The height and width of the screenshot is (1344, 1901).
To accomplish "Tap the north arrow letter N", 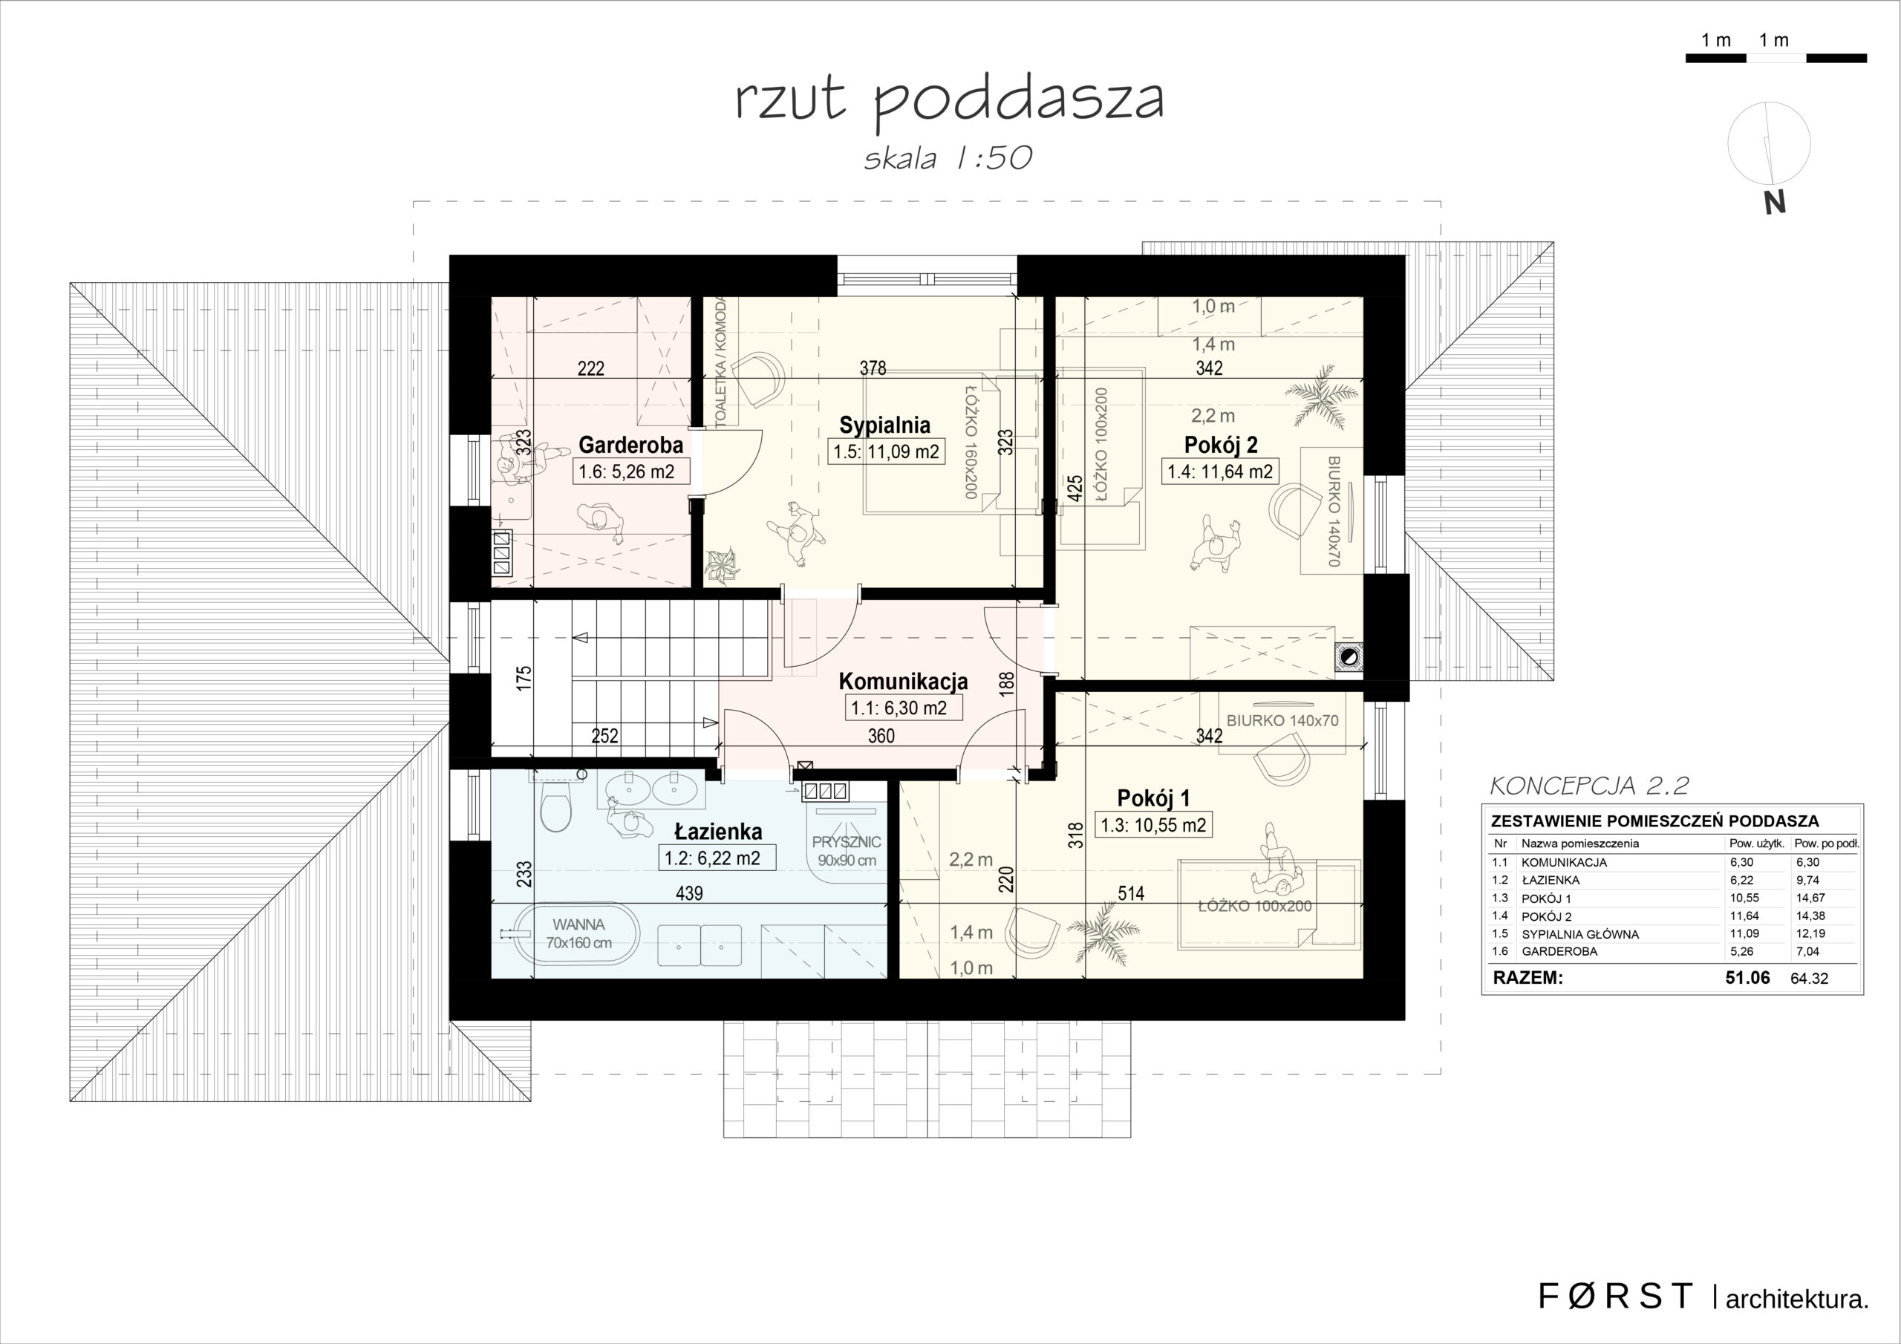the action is (1774, 203).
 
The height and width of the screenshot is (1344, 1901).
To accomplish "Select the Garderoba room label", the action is (630, 445).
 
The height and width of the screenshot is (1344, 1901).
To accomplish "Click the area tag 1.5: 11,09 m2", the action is (886, 452).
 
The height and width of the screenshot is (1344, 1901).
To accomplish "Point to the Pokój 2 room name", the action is (1220, 445).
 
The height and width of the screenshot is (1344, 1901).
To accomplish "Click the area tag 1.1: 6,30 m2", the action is (899, 708).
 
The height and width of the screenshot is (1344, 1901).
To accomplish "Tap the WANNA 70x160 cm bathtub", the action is (578, 933).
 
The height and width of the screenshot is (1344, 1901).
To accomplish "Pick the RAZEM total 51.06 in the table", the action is (1747, 978).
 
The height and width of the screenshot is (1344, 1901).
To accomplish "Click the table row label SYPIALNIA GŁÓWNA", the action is (1579, 934).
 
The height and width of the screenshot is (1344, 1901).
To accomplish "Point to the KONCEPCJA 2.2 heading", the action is (1589, 786).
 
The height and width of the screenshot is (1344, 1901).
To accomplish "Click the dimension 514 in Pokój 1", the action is (1130, 893).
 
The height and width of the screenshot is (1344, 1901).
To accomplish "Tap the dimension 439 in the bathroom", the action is (689, 893).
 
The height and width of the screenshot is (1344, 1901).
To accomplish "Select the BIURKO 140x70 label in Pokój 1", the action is (1282, 720).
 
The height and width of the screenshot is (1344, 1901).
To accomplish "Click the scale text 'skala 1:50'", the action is (949, 157).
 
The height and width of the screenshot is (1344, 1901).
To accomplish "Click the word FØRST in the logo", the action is (1615, 1296).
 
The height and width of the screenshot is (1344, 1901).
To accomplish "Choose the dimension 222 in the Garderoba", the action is (590, 368).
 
